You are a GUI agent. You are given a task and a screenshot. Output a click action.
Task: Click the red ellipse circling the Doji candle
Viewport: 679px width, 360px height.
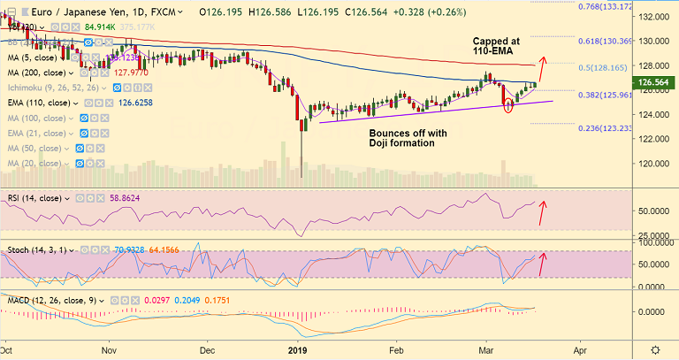coord(508,106)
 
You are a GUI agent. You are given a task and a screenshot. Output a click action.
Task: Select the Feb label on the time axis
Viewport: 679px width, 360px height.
coord(397,351)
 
